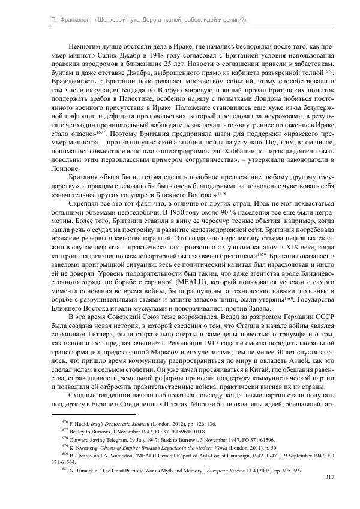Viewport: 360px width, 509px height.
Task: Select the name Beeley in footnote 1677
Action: coord(76,430)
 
